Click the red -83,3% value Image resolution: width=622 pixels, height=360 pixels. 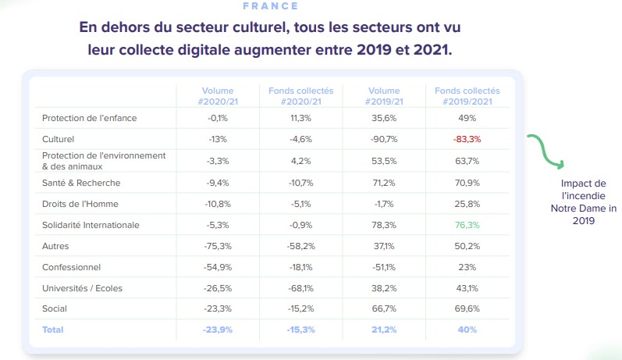coord(467,139)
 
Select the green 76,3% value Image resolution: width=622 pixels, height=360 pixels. coord(467,225)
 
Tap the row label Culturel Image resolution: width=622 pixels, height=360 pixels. coord(59,139)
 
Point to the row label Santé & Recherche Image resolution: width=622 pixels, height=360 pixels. coord(81,183)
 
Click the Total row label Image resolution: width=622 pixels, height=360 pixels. coord(53,330)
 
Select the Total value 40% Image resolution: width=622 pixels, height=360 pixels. coord(467,330)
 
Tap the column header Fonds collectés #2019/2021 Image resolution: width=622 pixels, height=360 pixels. coord(467,96)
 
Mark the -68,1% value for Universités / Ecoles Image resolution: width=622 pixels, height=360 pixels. coord(300,288)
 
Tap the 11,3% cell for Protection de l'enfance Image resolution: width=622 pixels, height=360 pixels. coord(300,118)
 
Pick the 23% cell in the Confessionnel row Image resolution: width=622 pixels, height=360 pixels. coord(467,267)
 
